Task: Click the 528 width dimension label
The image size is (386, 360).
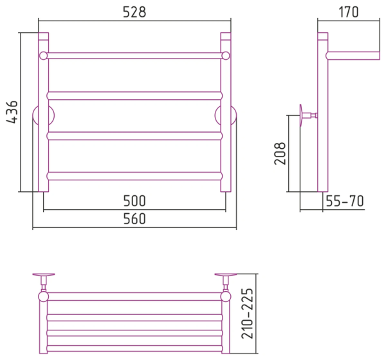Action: coord(134,12)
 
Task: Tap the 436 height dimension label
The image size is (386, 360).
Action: coord(12,112)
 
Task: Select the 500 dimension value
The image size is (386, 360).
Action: coord(134,201)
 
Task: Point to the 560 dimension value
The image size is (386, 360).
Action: coord(134,218)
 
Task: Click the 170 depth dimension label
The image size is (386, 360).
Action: coord(349,12)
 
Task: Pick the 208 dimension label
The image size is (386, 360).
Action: coord(280,153)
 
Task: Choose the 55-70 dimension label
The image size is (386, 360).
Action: coord(345,201)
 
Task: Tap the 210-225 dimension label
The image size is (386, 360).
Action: coord(247,314)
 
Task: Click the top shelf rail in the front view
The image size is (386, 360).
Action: coord(134,55)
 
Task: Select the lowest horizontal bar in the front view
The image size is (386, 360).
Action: coord(134,176)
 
